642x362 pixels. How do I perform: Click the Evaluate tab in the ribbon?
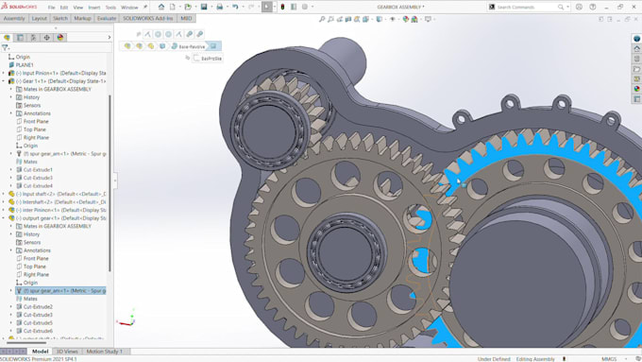click(107, 18)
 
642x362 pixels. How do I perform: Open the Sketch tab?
click(60, 18)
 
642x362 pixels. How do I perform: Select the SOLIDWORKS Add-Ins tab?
click(148, 18)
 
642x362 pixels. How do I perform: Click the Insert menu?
click(94, 7)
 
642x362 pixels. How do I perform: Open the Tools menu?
click(111, 7)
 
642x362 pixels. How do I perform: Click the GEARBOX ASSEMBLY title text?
click(402, 7)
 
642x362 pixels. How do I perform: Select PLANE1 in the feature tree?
click(25, 65)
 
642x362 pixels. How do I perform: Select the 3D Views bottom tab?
click(68, 352)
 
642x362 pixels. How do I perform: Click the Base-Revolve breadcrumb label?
click(191, 46)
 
